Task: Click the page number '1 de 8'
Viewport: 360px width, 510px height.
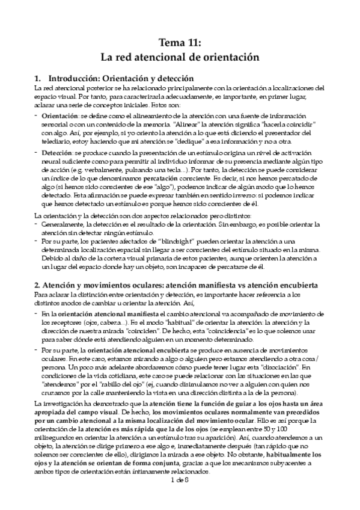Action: coord(180,497)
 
